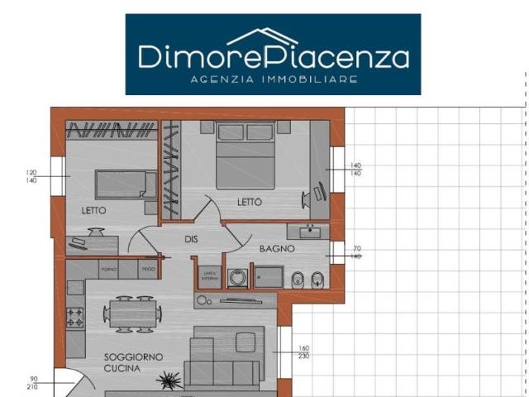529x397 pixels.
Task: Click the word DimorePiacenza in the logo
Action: point(273,56)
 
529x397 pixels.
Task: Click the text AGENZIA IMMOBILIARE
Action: point(273,79)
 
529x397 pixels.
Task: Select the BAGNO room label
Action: point(278,249)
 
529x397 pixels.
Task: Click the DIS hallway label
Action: point(192,239)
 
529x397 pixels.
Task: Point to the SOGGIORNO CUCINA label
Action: point(133,362)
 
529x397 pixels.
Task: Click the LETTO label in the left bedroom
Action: point(93,211)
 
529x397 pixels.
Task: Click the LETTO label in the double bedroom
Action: point(249,202)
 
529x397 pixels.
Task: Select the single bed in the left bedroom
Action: point(122,183)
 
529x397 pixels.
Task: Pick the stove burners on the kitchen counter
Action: point(75,315)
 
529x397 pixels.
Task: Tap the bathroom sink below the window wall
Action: point(309,231)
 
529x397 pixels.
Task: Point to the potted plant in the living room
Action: point(170,380)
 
